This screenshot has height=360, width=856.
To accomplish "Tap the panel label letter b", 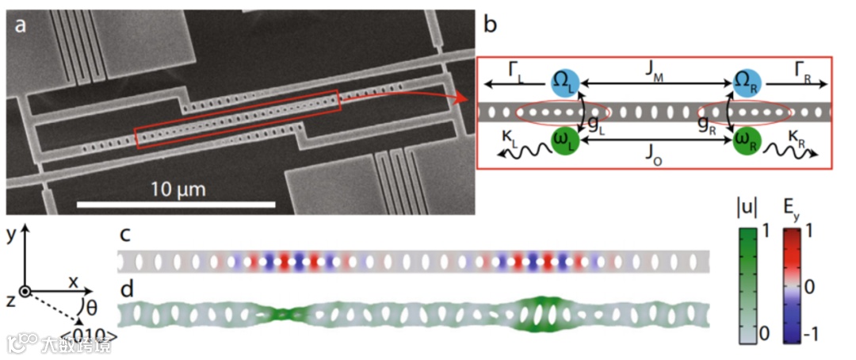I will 491,25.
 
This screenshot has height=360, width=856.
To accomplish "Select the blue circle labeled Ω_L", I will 567,80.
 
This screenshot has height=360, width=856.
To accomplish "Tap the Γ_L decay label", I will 515,73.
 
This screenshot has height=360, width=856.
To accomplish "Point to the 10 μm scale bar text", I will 176,190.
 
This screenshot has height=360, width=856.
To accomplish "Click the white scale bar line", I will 176,205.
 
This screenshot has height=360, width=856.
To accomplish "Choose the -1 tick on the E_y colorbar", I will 831,335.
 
